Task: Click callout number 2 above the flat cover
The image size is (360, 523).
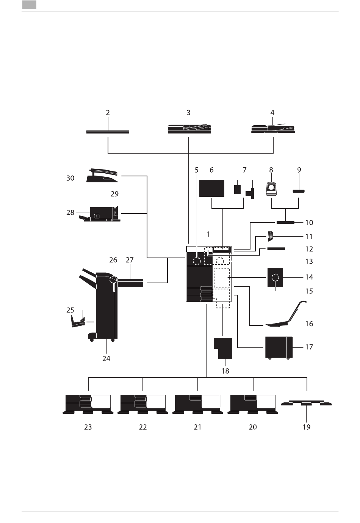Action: click(108, 113)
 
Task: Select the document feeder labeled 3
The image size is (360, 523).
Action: click(189, 129)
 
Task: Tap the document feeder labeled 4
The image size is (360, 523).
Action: click(273, 129)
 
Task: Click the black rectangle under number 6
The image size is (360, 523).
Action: click(211, 188)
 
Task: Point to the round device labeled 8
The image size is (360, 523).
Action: click(271, 188)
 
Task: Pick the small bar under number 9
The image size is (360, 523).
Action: click(299, 192)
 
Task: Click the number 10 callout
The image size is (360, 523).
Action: click(309, 223)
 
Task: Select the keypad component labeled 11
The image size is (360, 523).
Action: click(270, 236)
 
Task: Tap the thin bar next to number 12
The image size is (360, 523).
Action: click(276, 249)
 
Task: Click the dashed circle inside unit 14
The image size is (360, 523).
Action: click(275, 278)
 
